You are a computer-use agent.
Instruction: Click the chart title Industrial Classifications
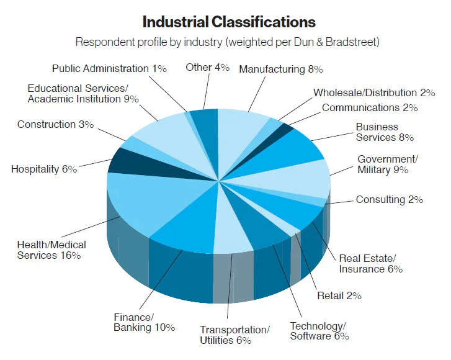[x=229, y=22]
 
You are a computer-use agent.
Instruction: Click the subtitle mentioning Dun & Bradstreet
[x=228, y=42]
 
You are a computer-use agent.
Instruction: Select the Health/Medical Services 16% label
[x=51, y=250]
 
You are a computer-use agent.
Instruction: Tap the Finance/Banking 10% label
[x=144, y=322]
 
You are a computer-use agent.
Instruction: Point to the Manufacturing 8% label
[x=280, y=69]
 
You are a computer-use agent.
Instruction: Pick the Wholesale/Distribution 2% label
[x=374, y=93]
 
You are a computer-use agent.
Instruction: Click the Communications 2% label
[x=370, y=107]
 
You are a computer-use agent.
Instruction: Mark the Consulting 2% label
[x=389, y=200]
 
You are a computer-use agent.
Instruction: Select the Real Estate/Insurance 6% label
[x=371, y=263]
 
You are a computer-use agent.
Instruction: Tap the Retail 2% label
[x=339, y=295]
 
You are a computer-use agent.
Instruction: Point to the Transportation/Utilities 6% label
[x=234, y=335]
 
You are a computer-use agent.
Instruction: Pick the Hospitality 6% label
[x=44, y=169]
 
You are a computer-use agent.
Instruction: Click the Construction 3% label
[x=55, y=125]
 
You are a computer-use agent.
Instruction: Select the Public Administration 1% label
[x=109, y=69]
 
